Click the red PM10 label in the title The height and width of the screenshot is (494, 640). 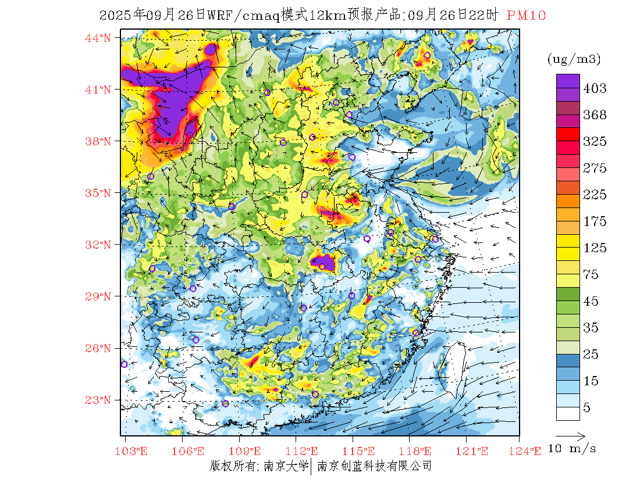526,16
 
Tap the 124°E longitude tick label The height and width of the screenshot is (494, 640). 529,450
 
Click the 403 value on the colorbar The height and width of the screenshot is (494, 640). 595,88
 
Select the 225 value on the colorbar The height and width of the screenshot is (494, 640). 595,195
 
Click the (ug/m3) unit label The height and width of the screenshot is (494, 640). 574,59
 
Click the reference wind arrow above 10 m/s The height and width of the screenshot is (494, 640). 570,435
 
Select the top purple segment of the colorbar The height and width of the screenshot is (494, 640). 568,81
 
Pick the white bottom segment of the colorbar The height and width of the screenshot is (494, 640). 568,413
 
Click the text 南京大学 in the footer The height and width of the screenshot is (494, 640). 286,466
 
